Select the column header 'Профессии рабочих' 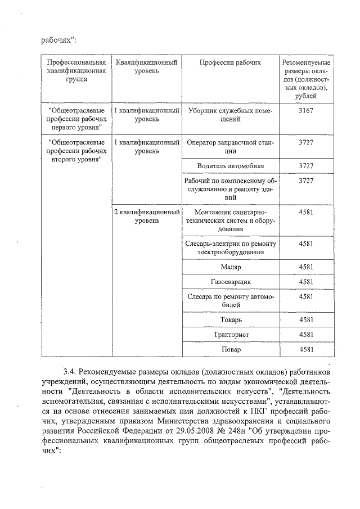230,62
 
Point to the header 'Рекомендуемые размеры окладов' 306,79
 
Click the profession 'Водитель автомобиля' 230,166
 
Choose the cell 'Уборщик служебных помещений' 230,115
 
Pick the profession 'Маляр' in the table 230,266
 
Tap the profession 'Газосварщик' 230,281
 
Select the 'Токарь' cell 230,319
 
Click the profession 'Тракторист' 230,335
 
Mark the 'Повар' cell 230,350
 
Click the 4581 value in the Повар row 306,350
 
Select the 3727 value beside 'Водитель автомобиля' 306,166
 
